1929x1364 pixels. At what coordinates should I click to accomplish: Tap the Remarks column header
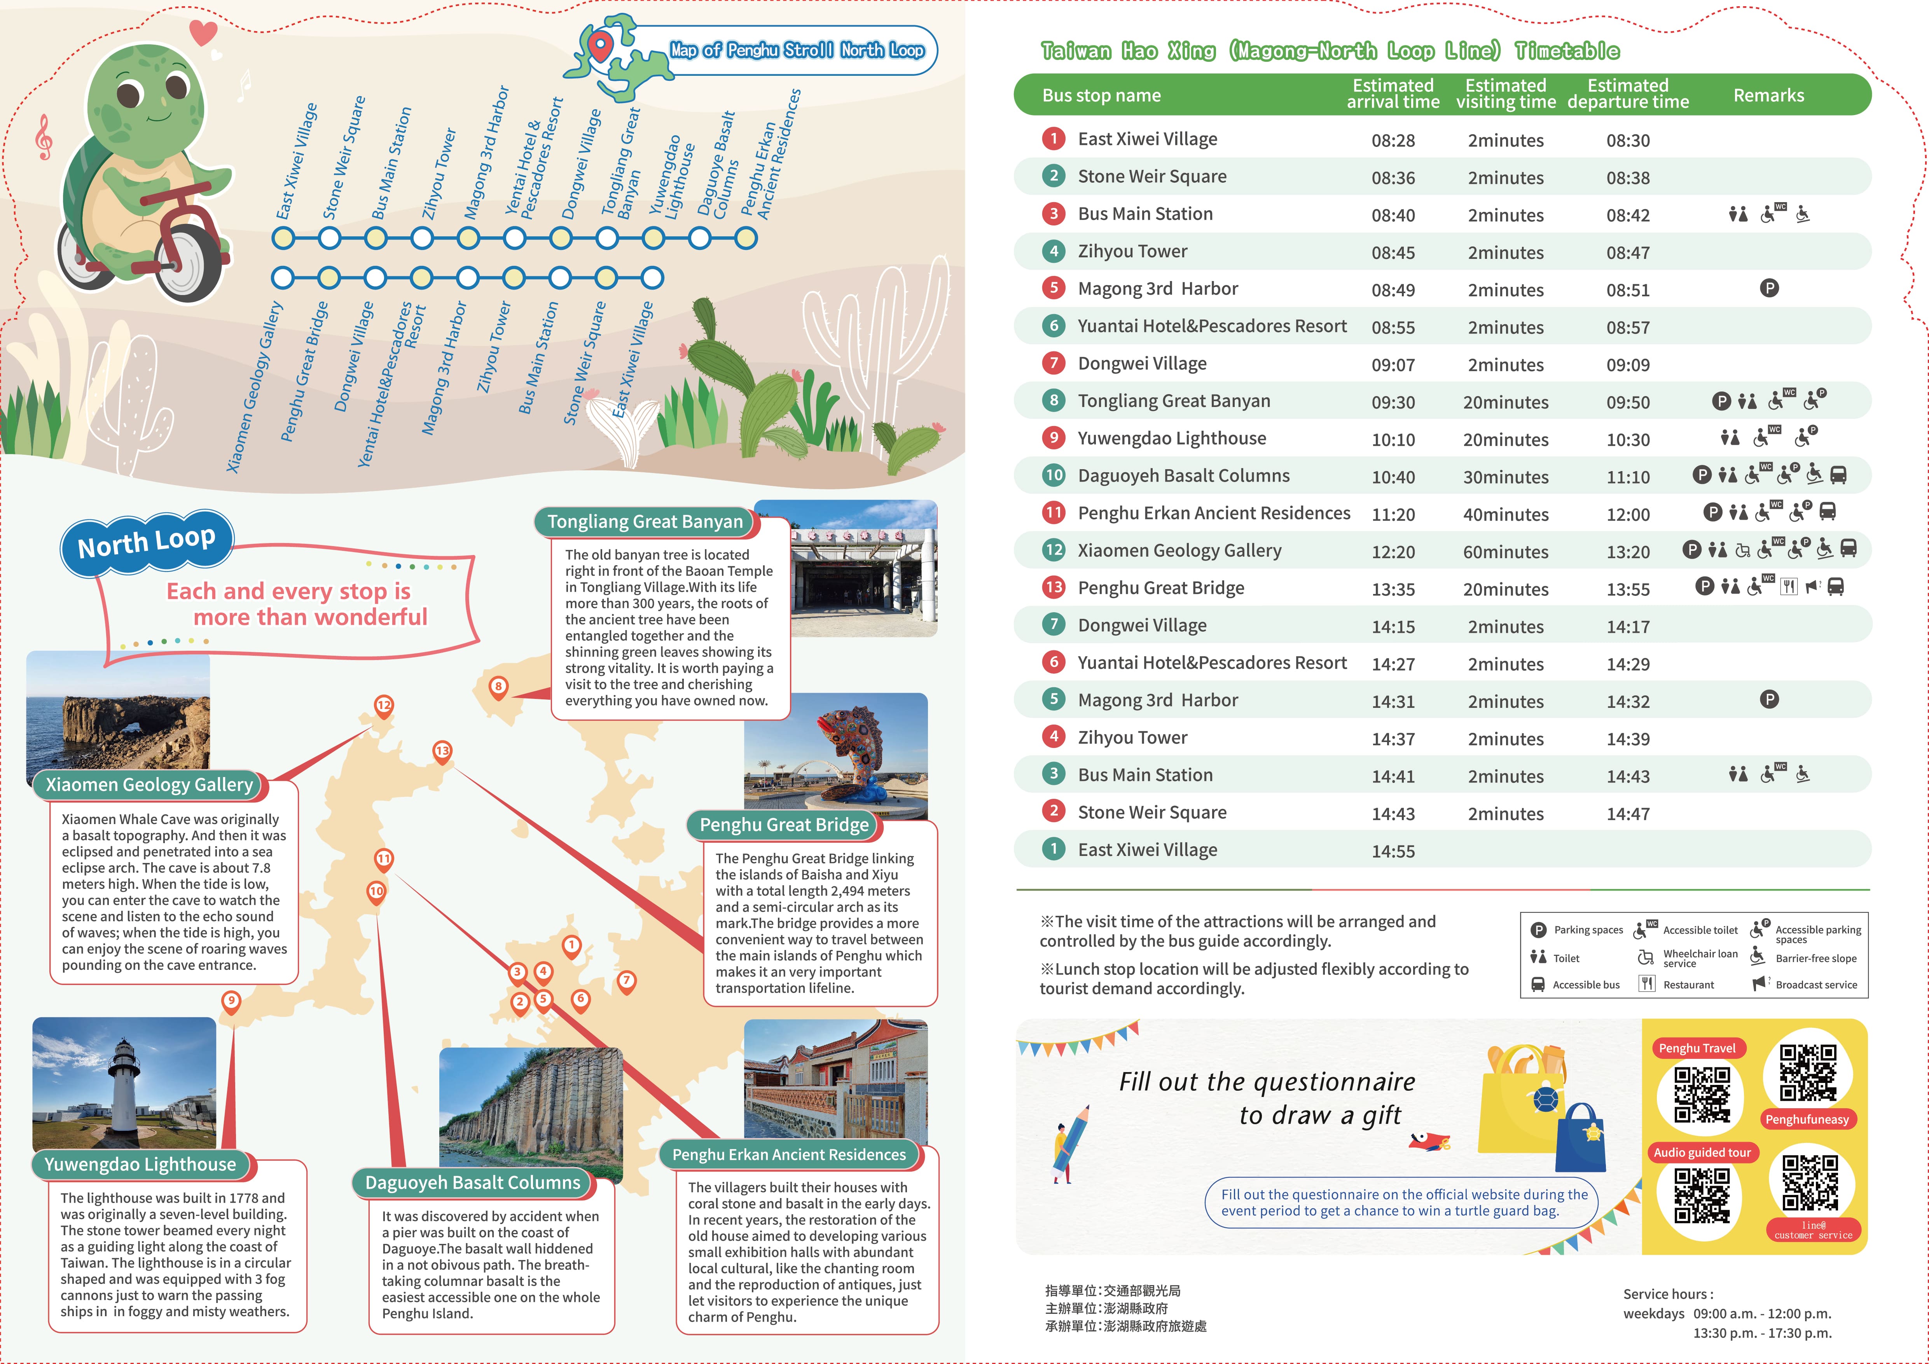[x=1768, y=95]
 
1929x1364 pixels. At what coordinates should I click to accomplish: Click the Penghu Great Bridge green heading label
[x=784, y=825]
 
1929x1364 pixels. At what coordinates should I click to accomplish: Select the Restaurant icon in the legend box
[x=1647, y=983]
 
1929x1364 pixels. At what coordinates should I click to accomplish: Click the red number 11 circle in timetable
[x=1054, y=512]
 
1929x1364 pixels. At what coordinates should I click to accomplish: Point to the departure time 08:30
[x=1627, y=140]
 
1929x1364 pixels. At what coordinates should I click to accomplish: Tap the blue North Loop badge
[x=147, y=543]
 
